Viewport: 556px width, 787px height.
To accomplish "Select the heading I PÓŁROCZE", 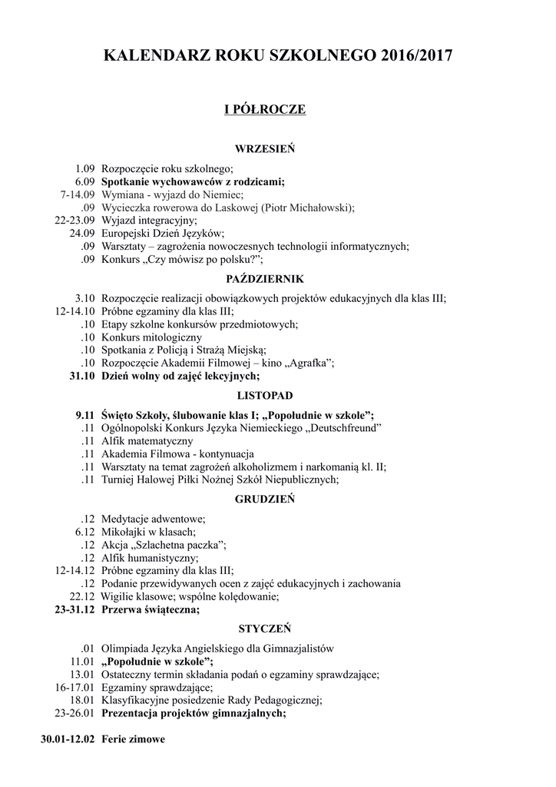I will tap(265, 110).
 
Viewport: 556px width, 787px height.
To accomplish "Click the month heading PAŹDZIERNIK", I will tap(265, 279).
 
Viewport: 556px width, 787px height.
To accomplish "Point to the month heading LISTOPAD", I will tap(265, 396).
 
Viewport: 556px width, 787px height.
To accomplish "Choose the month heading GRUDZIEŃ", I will tap(265, 499).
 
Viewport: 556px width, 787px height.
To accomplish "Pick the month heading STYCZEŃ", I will tap(265, 628).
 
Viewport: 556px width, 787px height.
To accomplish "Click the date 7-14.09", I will tap(77, 194).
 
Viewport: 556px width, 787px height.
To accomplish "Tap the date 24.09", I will tap(81, 233).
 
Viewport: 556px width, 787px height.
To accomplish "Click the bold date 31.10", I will tap(81, 376).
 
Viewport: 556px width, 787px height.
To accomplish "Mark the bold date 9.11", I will tap(84, 415).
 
